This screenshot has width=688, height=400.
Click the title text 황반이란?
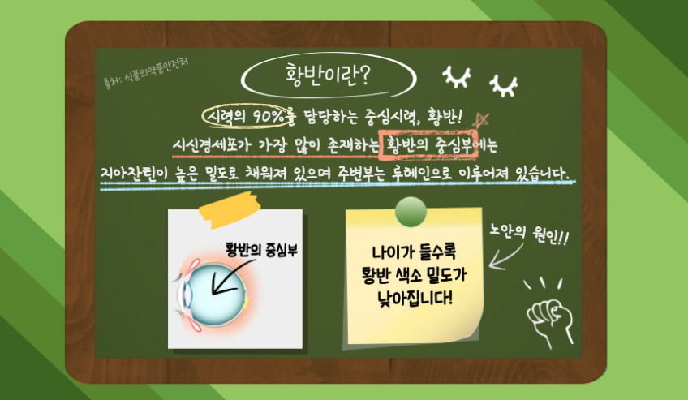click(x=327, y=76)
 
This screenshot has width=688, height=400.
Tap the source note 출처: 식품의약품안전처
click(x=146, y=73)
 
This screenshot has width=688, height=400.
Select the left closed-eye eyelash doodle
click(x=457, y=77)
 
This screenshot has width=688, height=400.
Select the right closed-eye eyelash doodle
click(x=504, y=85)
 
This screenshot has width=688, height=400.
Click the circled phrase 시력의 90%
click(x=247, y=116)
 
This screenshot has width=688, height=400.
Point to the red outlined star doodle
click(x=480, y=119)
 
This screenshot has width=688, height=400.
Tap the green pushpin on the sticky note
click(x=411, y=212)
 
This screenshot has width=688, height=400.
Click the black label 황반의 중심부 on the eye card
click(x=261, y=250)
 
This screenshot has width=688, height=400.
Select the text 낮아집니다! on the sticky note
click(x=415, y=299)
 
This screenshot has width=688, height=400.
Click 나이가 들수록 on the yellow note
click(x=414, y=252)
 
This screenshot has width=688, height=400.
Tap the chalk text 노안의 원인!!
click(x=529, y=234)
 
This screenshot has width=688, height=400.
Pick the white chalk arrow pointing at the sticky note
click(x=505, y=257)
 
